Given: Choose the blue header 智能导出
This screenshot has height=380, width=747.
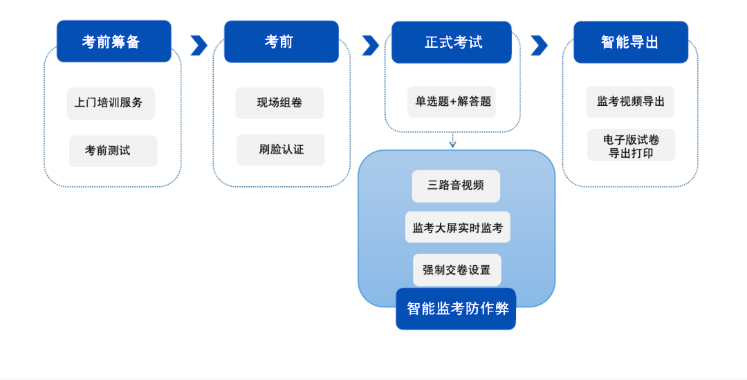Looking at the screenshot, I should (631, 42).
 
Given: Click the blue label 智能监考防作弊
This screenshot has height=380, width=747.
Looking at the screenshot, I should (456, 309).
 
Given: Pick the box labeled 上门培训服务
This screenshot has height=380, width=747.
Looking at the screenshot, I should (111, 102).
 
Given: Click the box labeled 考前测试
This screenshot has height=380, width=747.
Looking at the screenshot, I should (113, 150).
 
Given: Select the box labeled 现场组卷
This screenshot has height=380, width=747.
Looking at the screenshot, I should (279, 102).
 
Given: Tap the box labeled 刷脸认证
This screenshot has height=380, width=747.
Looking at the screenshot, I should (280, 150).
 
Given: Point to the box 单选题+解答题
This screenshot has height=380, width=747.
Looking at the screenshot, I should (452, 102).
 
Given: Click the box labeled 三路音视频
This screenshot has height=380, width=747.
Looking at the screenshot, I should (456, 186).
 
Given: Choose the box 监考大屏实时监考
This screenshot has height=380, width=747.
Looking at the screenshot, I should (457, 228).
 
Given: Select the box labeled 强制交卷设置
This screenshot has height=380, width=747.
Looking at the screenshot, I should (456, 269).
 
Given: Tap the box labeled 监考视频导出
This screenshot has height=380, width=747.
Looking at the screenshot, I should (630, 102).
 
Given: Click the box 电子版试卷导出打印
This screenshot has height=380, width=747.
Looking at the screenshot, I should (631, 145).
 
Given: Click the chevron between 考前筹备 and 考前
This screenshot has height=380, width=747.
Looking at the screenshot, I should (199, 45).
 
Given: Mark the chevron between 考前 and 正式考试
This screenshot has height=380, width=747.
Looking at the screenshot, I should (370, 45).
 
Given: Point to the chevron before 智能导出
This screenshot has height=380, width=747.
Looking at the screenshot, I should (539, 45).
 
